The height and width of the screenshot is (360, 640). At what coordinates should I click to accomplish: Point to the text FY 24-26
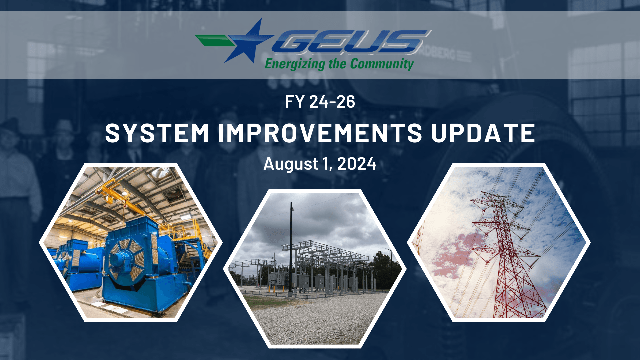pos(320,102)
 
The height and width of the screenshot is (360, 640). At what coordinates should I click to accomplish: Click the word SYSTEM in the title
pos(157,133)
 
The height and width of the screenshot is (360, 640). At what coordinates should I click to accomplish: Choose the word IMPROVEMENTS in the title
pos(320,133)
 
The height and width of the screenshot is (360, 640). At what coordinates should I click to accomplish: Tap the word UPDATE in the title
pos(483,133)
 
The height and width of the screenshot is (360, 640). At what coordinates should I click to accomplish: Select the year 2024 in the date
pos(357,164)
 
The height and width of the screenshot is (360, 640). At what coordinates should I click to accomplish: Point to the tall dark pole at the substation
pos(291,247)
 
